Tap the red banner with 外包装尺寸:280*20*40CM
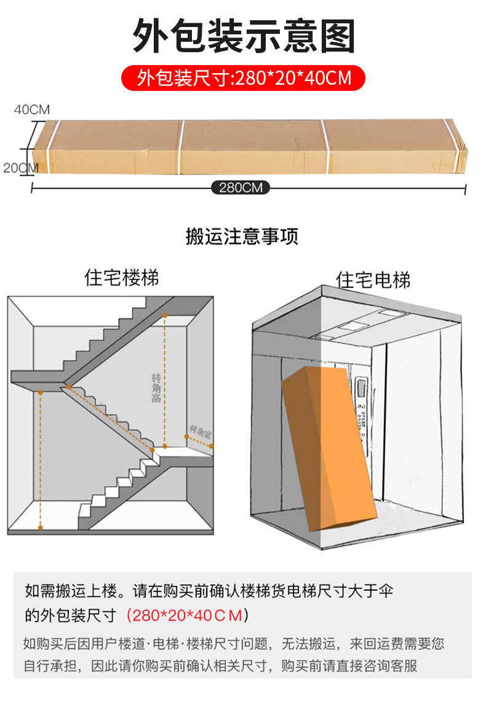(244, 78)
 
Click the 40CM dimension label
(32, 110)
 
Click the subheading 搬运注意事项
(242, 237)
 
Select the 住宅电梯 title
(373, 280)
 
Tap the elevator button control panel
(363, 405)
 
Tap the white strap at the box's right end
(324, 145)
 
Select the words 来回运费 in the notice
(380, 644)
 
